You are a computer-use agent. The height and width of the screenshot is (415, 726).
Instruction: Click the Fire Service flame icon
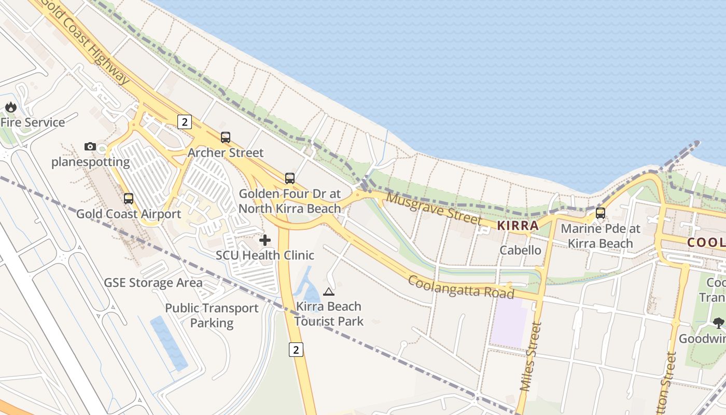tap(10, 107)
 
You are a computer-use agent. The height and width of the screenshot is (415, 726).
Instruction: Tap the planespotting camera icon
tap(90, 147)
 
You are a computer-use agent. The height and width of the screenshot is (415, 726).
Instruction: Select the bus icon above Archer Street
tap(226, 137)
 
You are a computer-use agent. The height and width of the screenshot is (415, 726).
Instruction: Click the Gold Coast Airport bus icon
tap(129, 198)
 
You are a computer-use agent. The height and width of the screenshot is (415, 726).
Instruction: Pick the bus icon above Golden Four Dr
tap(290, 178)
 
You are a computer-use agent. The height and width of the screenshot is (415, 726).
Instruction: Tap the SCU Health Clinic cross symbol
tap(265, 240)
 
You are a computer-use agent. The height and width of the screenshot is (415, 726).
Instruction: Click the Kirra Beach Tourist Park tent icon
tap(329, 292)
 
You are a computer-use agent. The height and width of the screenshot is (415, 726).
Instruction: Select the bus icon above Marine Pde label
tap(601, 213)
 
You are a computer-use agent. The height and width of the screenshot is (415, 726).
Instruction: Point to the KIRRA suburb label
tap(518, 226)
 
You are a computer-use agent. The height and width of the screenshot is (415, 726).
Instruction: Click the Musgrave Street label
tap(434, 209)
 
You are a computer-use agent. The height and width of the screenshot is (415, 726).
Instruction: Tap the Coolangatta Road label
tap(461, 287)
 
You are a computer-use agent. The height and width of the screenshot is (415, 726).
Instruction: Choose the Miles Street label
tap(530, 363)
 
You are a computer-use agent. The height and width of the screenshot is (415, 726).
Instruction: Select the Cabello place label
tap(520, 250)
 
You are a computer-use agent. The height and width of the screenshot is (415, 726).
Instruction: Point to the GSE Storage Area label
tap(153, 283)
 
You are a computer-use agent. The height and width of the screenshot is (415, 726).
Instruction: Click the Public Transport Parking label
tap(212, 315)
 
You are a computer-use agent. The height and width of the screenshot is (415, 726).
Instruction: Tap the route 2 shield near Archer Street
tap(184, 122)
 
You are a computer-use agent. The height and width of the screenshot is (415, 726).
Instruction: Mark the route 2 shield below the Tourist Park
tap(296, 350)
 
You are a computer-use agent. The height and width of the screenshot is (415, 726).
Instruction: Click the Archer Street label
tap(226, 153)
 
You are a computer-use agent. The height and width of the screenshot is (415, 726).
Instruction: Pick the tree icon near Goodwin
tap(718, 323)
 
